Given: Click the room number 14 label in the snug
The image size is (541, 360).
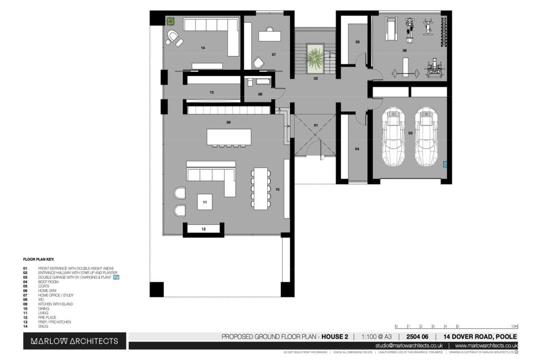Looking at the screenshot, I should click(x=202, y=48).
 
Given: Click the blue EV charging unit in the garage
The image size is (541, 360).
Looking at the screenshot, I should click(x=445, y=164).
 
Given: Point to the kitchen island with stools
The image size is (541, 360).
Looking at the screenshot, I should click(x=228, y=137).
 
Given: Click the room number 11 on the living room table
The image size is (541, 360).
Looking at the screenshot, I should click(x=204, y=202).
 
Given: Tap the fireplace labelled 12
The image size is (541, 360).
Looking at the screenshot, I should click(x=204, y=229).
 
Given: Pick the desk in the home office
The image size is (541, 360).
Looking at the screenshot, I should click(x=270, y=35).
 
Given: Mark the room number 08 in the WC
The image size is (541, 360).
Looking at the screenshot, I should click(x=260, y=94).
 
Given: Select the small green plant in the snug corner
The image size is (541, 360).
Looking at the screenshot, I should click(x=171, y=21).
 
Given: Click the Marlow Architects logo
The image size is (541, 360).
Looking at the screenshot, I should click(x=74, y=341).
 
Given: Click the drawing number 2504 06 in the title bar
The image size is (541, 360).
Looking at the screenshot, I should click(x=417, y=337).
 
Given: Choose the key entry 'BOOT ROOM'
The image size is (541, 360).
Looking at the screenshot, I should click(x=48, y=282).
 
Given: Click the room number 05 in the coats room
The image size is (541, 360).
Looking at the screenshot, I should click(x=358, y=42).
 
